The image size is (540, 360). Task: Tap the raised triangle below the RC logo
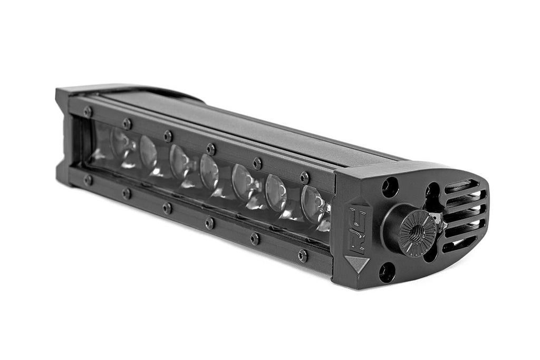click(x=358, y=262)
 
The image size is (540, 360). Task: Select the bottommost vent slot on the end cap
click(x=459, y=244)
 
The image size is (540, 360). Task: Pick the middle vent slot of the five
click(x=465, y=213)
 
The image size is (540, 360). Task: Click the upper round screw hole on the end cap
click(x=390, y=187)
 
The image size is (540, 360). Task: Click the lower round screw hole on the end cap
click(x=387, y=272)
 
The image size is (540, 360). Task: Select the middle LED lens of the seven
click(x=209, y=172)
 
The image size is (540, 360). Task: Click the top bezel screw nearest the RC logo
click(x=304, y=178)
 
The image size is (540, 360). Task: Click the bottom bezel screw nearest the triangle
click(x=303, y=256)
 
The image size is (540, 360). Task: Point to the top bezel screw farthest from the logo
click(x=88, y=112)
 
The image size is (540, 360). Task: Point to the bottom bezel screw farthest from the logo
click(x=88, y=180)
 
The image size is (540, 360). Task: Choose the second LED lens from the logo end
click(x=276, y=192)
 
